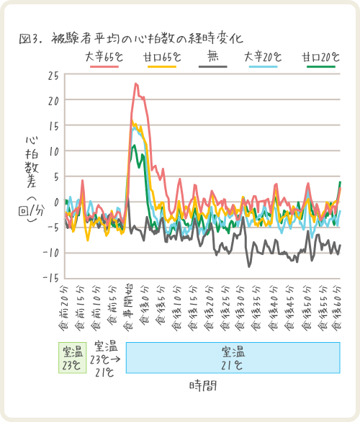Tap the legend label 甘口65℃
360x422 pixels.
(161, 55)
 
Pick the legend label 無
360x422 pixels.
(212, 55)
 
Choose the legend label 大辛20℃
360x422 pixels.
(263, 55)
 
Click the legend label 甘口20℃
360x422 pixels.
(321, 55)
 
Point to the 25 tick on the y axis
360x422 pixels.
(54, 75)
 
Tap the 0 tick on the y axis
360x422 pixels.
(57, 202)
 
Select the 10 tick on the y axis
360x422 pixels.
(54, 151)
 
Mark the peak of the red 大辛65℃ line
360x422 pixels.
(135, 84)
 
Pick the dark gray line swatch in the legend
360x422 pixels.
(212, 66)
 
